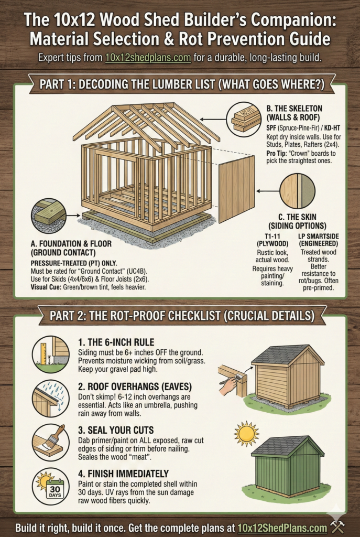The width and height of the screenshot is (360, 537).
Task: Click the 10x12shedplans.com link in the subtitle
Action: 147,58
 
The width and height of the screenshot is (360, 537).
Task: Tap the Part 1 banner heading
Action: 180,84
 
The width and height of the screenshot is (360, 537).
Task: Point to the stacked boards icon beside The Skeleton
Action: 245,119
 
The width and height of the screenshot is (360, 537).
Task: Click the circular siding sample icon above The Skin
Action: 297,191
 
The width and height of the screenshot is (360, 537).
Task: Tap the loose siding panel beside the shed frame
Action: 236,188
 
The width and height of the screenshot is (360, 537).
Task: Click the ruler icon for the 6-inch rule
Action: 50,355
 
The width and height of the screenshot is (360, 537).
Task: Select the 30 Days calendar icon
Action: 50,486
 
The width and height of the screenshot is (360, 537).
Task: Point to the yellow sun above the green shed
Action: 247,433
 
